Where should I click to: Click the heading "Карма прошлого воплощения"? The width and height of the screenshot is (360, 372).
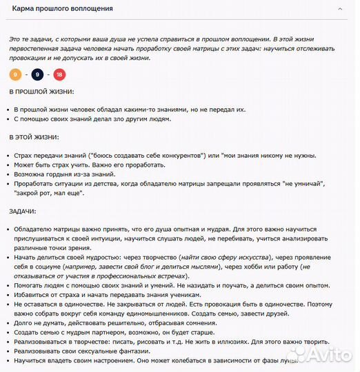[x=63, y=8]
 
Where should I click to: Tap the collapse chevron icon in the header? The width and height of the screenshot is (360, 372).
[x=340, y=8]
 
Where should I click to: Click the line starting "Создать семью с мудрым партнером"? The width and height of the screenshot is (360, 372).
[x=117, y=331]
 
